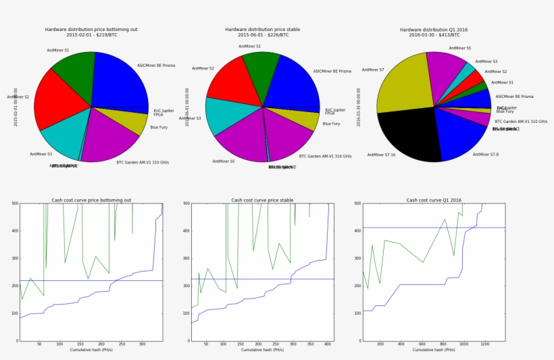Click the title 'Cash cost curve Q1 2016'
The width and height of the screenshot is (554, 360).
point(433,200)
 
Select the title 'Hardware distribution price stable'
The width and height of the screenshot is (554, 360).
point(262,30)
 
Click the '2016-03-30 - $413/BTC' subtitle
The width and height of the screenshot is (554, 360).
point(433,35)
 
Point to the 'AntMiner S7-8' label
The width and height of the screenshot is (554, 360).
point(485,154)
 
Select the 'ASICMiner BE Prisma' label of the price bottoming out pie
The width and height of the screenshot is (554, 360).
point(156,66)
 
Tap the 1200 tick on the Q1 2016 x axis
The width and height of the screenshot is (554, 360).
point(484,344)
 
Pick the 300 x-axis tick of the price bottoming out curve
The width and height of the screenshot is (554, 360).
point(142,344)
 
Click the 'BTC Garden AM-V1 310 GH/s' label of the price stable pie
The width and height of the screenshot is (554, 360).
point(325,156)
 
